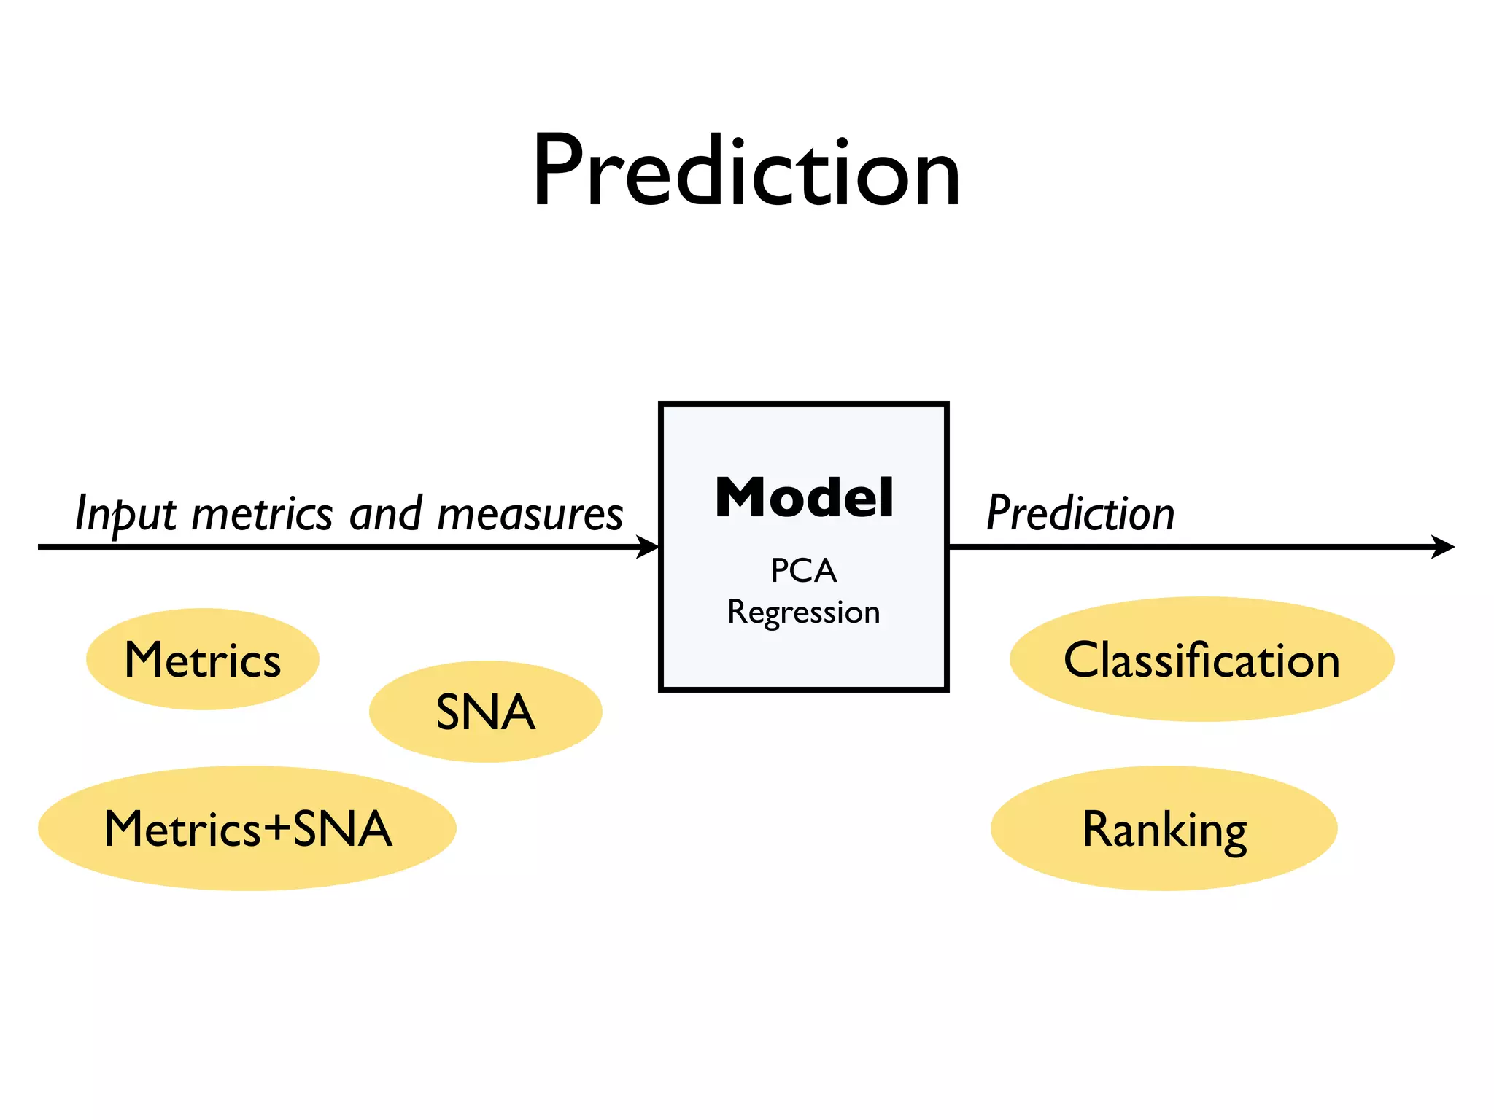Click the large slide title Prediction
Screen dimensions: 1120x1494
point(746,173)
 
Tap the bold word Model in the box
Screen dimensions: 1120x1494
point(804,499)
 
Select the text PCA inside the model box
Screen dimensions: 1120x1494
point(803,571)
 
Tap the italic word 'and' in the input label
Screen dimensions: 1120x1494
point(385,513)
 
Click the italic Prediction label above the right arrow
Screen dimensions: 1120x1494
point(1080,513)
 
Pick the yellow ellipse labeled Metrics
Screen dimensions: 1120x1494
point(203,660)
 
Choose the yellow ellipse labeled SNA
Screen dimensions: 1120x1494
point(485,712)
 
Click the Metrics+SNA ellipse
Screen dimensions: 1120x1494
point(247,828)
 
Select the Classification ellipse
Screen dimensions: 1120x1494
point(1201,660)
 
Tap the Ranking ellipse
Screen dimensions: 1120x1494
point(1164,828)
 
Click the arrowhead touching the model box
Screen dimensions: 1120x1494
point(648,547)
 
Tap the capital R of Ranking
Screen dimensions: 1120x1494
point(1097,828)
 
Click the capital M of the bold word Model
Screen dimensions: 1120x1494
point(739,499)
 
